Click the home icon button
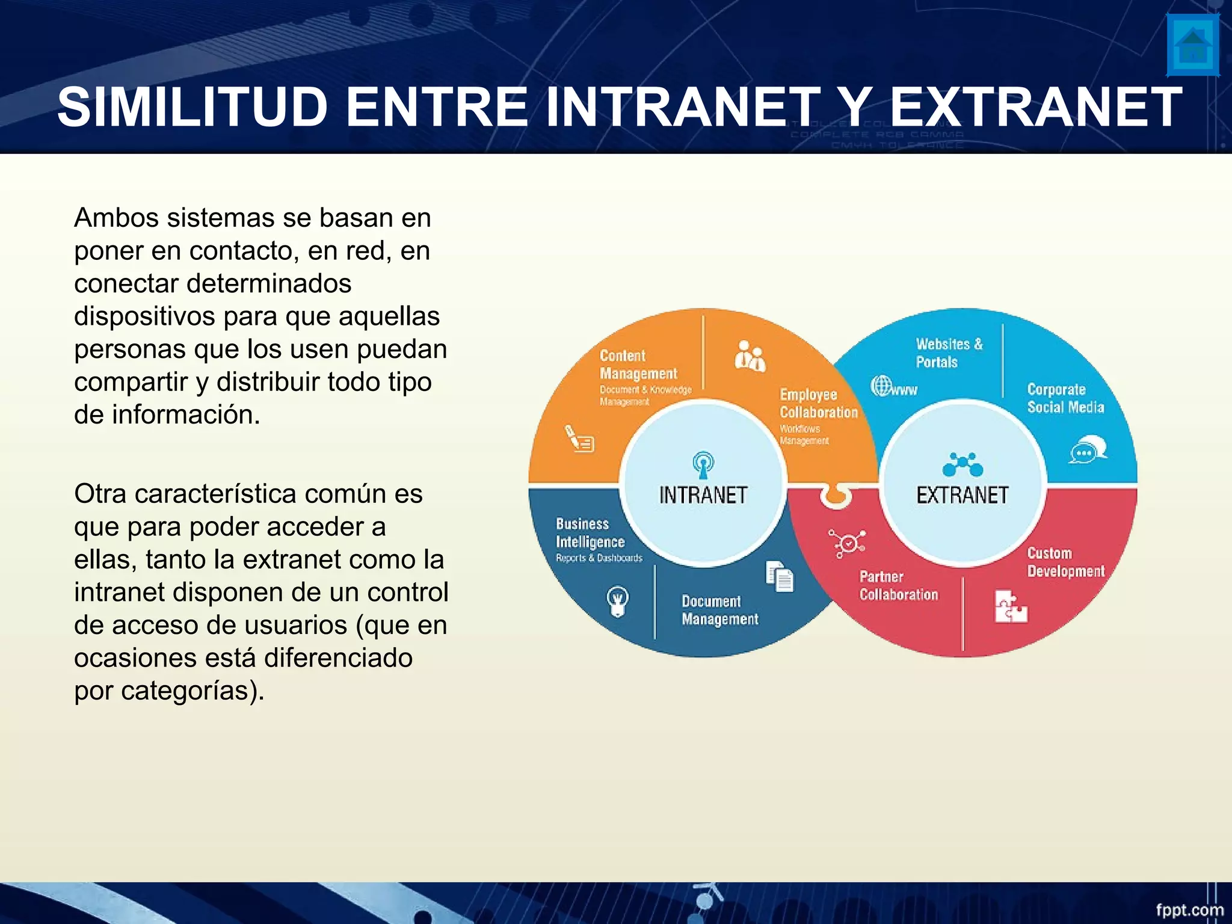(1193, 45)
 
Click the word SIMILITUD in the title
(192, 107)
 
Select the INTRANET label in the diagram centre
(703, 495)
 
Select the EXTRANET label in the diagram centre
(962, 495)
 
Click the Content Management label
(638, 365)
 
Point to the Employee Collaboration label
(818, 404)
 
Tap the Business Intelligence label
(590, 533)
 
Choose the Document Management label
(719, 610)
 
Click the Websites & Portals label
(949, 353)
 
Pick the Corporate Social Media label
(1065, 398)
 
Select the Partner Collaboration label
(898, 585)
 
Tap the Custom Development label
(1065, 562)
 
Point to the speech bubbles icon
(1088, 449)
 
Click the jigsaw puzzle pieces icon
(1010, 606)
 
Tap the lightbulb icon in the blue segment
(617, 600)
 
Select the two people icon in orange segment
(750, 356)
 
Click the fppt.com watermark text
(1189, 910)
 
